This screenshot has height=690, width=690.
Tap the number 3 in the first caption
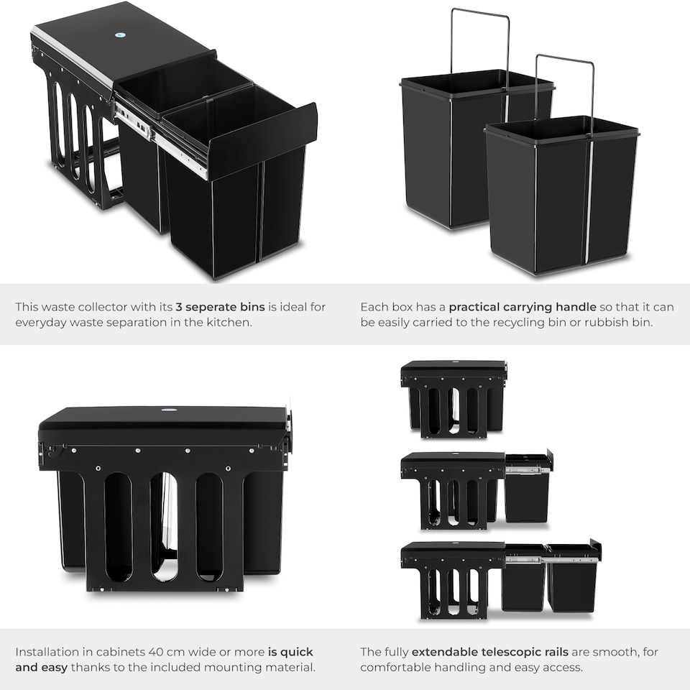coord(179,307)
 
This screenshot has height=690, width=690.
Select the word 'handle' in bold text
coord(576,307)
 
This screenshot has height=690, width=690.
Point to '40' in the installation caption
coord(156,652)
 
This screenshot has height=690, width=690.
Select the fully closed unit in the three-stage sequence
coord(454,399)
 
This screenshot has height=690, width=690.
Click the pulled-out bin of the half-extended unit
coord(527,487)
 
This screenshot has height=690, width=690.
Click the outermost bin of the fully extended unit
coord(573,576)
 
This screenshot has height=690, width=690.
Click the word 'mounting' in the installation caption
coord(231,668)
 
